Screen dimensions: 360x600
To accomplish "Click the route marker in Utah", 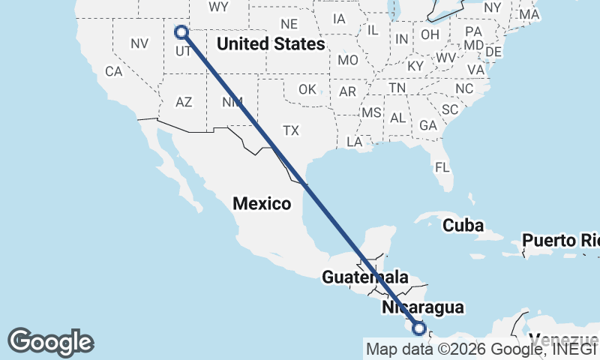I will click(x=181, y=31).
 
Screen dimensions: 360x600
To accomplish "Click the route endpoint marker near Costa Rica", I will click(x=419, y=328).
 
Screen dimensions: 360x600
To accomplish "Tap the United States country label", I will click(x=271, y=44).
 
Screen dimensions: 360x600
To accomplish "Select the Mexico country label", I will click(x=262, y=203).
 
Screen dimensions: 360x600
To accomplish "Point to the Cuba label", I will click(x=463, y=225).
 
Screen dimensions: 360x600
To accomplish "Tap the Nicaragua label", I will click(x=422, y=307).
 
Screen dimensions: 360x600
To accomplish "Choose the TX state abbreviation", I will click(x=291, y=131).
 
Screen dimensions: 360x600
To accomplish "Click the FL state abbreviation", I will click(x=442, y=166).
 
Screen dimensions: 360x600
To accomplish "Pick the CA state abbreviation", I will click(x=113, y=72).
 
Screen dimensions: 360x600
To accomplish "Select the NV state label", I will click(x=139, y=43).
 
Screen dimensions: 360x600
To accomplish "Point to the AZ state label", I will click(x=184, y=102).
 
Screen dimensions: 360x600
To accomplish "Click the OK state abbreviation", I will click(x=307, y=89).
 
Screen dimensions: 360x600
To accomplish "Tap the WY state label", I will click(x=218, y=7).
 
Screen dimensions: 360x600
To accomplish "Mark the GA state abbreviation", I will click(x=428, y=125).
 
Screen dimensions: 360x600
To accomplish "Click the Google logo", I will click(x=50, y=342).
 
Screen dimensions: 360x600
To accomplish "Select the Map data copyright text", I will click(x=480, y=349).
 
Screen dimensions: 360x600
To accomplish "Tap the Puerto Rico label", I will click(x=561, y=241).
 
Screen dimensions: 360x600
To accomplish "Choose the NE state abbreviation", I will click(x=289, y=24).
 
